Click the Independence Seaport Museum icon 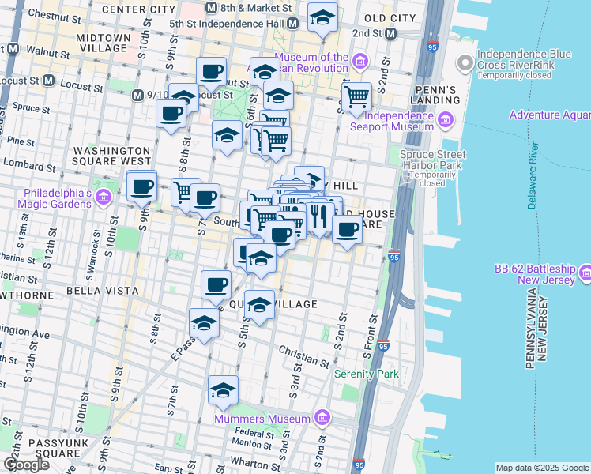click(444, 120)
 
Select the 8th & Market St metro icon click(210, 8)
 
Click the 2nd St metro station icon click(390, 34)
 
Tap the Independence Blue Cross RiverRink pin click(465, 60)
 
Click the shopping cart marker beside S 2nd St click(357, 97)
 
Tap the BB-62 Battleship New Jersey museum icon click(585, 274)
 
